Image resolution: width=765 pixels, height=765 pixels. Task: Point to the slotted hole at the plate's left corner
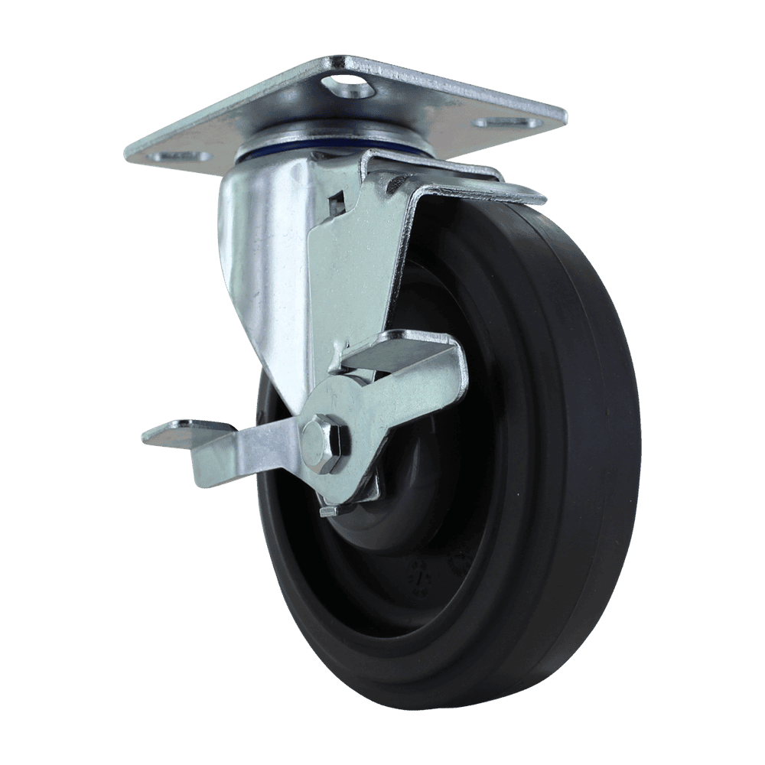(x=182, y=156)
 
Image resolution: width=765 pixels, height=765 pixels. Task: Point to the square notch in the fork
(x=334, y=204)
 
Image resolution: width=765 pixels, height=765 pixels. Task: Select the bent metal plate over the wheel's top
(x=459, y=180)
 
